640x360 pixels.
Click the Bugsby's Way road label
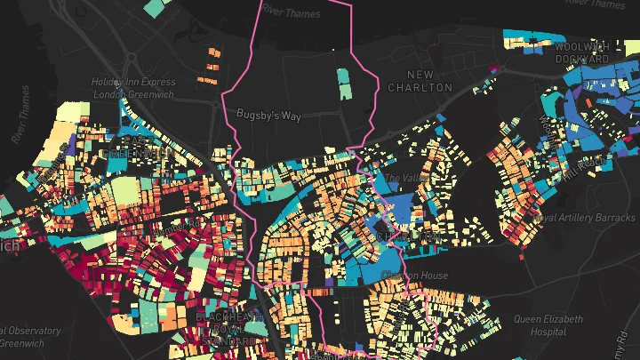[x=268, y=115]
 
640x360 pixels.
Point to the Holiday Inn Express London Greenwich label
[x=133, y=88]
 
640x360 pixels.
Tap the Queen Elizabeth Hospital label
[x=548, y=324]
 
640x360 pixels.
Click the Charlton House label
[x=414, y=276]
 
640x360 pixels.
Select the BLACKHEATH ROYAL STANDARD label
[x=225, y=328]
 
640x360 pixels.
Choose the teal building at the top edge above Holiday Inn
[x=155, y=7]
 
